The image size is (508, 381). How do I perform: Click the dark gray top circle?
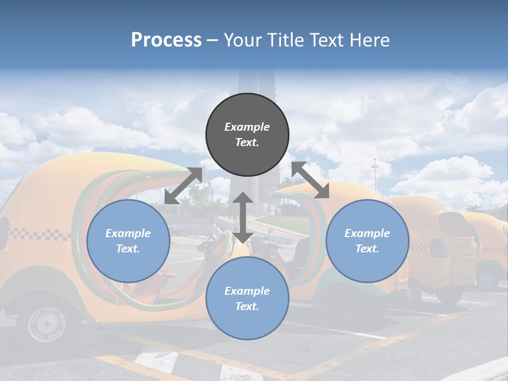247,135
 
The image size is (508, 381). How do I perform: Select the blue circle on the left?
128,241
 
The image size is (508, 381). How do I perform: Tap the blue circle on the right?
367,241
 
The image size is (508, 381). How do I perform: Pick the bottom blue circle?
247,298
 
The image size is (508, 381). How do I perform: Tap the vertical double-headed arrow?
242,217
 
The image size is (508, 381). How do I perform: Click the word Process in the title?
166,40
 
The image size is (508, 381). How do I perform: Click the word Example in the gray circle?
247,127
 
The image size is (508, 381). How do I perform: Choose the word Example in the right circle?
367,233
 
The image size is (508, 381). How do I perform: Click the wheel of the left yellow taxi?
46,322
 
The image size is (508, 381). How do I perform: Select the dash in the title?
213,40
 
